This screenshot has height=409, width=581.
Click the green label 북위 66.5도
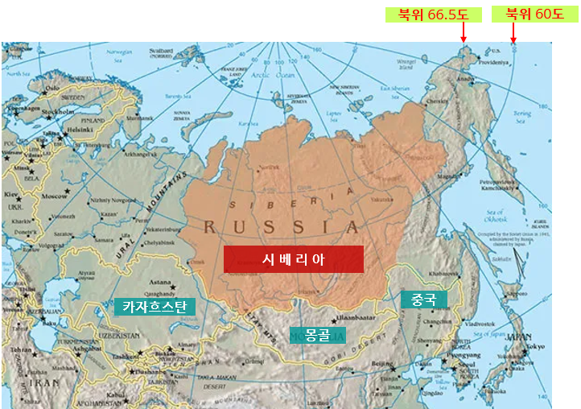click(432, 14)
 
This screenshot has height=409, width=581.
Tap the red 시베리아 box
click(293, 258)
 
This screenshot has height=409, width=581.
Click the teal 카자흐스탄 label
click(154, 307)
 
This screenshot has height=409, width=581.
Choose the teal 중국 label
click(423, 300)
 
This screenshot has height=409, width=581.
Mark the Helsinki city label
click(80, 129)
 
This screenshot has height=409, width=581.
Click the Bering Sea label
click(523, 109)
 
